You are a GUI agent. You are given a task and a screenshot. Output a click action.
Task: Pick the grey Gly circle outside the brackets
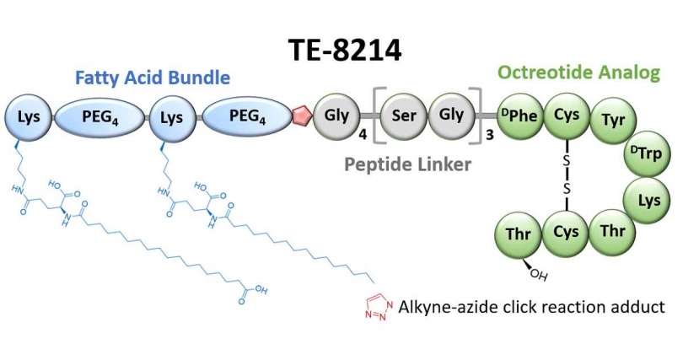click(x=335, y=115)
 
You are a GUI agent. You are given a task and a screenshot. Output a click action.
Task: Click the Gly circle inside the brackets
click(x=452, y=115)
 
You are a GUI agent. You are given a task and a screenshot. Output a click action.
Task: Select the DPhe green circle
click(x=518, y=116)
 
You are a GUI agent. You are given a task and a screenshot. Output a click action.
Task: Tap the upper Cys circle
click(x=566, y=116)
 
